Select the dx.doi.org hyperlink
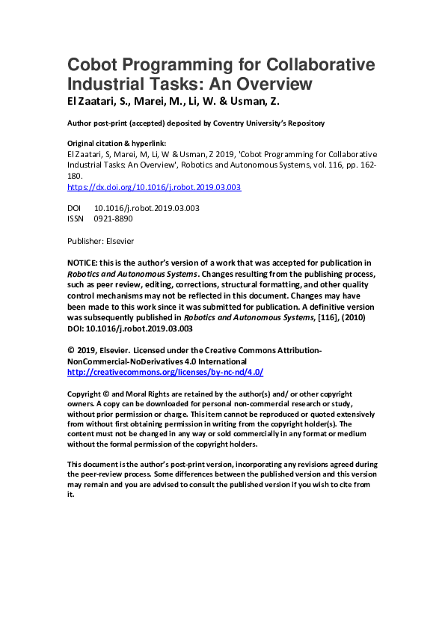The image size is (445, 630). pyautogui.click(x=154, y=188)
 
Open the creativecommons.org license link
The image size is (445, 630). pyautogui.click(x=165, y=372)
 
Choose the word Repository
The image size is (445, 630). pyautogui.click(x=306, y=123)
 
